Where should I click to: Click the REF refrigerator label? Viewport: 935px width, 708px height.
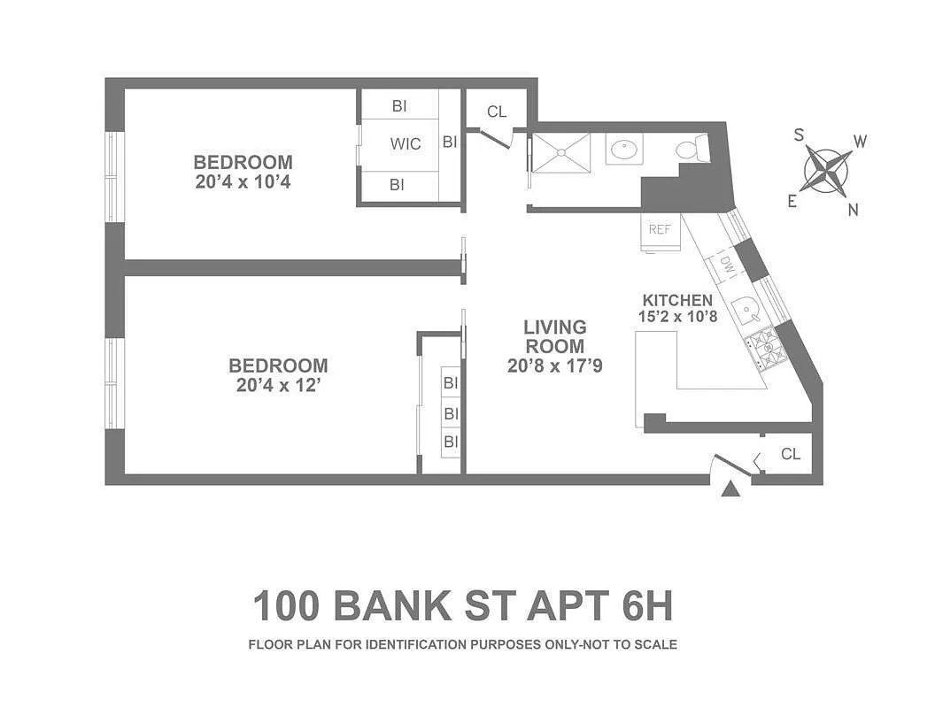tap(659, 229)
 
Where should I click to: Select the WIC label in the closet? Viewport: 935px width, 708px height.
tap(406, 143)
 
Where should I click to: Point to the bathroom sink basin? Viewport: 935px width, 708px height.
tap(626, 149)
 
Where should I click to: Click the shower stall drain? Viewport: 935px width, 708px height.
tap(560, 150)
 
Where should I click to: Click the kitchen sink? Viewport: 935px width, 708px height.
tap(747, 307)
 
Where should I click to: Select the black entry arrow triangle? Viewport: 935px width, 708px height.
tap(730, 489)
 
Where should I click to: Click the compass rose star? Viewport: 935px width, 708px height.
tap(826, 170)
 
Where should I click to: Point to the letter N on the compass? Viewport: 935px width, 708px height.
tap(854, 210)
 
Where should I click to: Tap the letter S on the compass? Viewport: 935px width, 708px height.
tap(799, 135)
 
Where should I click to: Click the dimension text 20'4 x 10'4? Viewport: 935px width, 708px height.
tap(243, 182)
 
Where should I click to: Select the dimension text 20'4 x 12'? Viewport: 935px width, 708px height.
tap(278, 385)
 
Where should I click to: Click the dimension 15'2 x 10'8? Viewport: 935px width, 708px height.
tap(677, 317)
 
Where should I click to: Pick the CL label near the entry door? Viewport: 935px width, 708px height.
tap(791, 454)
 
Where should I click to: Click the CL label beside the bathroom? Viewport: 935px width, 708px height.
tap(497, 112)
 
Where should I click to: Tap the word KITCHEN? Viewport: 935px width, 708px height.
tap(677, 300)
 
